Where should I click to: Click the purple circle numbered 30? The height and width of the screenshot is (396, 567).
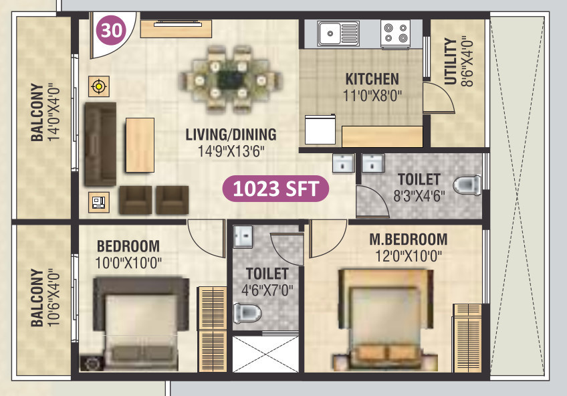[x=111, y=30]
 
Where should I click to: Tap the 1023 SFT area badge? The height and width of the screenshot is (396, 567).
[x=275, y=189]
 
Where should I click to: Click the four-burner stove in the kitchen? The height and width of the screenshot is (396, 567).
[x=395, y=33]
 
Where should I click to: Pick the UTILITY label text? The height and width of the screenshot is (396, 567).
[x=450, y=62]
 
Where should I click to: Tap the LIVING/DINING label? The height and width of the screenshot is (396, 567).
[x=231, y=134]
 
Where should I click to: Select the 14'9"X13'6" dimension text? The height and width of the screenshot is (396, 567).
[x=231, y=151]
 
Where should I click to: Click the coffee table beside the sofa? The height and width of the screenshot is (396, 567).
[x=140, y=145]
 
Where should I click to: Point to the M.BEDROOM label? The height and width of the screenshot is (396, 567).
[x=408, y=239]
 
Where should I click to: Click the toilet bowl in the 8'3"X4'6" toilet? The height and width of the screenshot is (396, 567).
[x=467, y=184]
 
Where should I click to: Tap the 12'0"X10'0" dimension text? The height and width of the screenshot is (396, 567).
[x=408, y=256]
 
